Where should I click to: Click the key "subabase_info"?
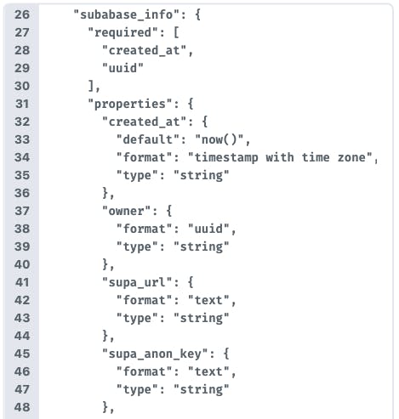tap(127, 14)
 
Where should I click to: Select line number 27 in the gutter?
tap(22, 32)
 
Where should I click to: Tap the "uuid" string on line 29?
tap(123, 68)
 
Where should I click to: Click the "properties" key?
tap(130, 104)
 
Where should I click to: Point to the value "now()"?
tap(219, 139)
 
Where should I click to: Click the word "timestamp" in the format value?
tap(226, 157)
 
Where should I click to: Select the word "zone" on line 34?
tap(351, 157)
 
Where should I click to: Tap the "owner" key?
tap(126, 211)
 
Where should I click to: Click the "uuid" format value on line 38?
tap(208, 229)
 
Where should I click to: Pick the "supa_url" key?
tap(137, 282)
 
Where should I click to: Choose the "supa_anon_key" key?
tap(155, 354)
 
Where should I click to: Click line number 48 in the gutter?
tap(22, 407)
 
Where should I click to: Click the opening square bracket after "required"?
tap(176, 32)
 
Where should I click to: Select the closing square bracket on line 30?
tap(91, 86)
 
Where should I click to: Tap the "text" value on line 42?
tap(208, 300)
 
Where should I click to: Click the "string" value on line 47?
tap(202, 389)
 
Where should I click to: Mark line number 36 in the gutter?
tap(22, 193)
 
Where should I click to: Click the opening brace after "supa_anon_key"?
tap(226, 354)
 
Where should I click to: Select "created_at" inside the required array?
tap(145, 50)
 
